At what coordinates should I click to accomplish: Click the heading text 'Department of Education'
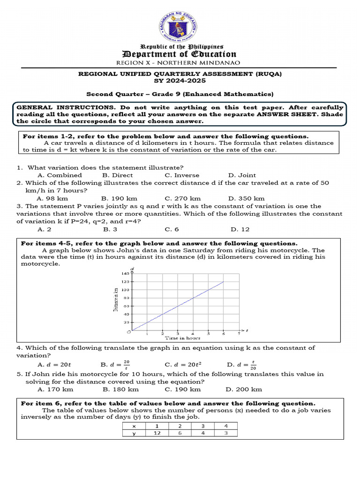[180, 54]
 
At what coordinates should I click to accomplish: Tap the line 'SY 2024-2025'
[180, 81]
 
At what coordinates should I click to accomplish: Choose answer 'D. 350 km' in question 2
[246, 198]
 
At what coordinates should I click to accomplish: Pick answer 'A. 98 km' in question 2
[52, 198]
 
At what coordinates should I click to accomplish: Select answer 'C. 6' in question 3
[172, 229]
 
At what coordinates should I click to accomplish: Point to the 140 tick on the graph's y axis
[125, 273]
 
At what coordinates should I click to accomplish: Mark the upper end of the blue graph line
[224, 282]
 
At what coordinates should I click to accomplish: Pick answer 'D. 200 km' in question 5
[244, 389]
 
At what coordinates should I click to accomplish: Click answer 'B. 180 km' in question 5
[120, 389]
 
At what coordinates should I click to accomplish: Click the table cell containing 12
[157, 433]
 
